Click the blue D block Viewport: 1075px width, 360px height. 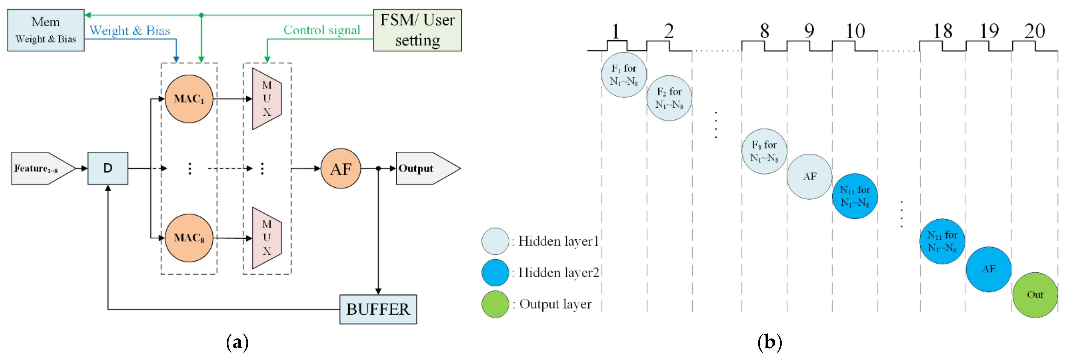[x=108, y=168]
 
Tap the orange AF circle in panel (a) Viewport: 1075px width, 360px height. [x=341, y=169]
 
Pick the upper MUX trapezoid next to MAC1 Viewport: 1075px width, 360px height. [x=267, y=99]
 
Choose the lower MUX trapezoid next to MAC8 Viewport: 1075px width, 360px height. [x=267, y=238]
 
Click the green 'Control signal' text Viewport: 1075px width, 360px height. [x=321, y=30]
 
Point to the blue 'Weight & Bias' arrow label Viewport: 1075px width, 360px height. [x=130, y=31]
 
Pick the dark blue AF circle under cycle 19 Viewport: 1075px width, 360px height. [x=988, y=269]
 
